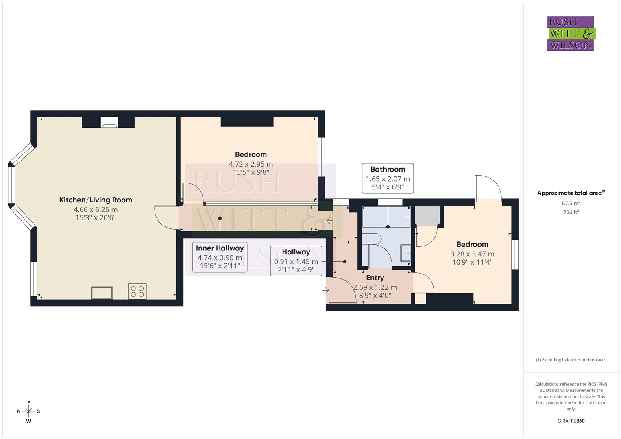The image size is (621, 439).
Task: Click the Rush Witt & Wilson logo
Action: (x=570, y=33)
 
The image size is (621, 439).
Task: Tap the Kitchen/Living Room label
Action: (x=96, y=200)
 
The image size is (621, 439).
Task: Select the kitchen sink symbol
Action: (x=102, y=293)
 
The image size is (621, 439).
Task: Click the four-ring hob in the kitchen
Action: (x=137, y=291)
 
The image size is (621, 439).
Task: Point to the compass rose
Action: (x=28, y=411)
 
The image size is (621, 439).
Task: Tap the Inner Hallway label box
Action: (x=220, y=257)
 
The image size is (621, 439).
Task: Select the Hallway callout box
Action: (x=296, y=261)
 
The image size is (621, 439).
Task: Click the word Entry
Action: (x=375, y=278)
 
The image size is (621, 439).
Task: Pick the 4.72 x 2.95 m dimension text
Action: (x=251, y=164)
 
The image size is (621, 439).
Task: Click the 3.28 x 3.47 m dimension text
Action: (x=472, y=254)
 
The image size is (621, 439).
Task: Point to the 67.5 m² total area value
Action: (x=571, y=203)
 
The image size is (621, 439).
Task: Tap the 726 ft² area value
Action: (x=571, y=212)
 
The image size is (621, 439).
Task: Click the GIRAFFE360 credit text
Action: (x=571, y=421)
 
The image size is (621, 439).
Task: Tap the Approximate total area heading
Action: (x=571, y=193)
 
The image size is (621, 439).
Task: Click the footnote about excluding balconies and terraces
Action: (x=571, y=360)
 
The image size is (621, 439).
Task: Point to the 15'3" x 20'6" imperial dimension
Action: (x=96, y=218)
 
